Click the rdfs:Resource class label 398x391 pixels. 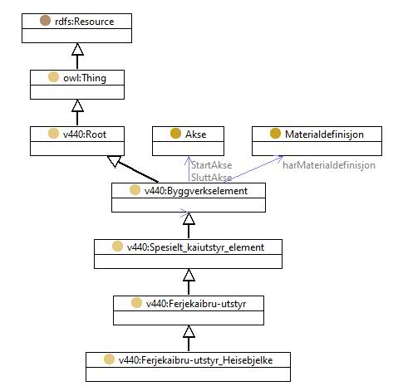click(85, 22)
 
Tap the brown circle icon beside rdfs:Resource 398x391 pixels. click(45, 21)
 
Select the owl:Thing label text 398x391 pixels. click(85, 78)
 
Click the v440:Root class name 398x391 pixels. click(85, 134)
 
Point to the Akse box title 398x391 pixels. click(196, 134)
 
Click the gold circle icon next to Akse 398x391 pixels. click(175, 134)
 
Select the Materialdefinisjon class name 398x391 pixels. click(324, 134)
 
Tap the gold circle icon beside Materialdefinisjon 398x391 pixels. click(275, 134)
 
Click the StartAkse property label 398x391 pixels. click(212, 165)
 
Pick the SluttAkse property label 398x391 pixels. click(212, 178)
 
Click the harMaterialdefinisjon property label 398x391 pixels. click(329, 165)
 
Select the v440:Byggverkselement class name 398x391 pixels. click(196, 191)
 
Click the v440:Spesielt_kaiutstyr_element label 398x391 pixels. click(195, 247)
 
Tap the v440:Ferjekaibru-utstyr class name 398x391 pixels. click(196, 304)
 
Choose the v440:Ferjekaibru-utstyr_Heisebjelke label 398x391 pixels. click(195, 360)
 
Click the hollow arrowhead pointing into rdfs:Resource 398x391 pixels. click(77, 49)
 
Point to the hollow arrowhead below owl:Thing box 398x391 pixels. click(77, 105)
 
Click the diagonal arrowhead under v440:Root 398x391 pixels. click(114, 161)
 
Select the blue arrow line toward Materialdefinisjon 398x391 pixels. click(253, 169)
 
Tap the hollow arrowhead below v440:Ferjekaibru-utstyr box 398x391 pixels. click(189, 331)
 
